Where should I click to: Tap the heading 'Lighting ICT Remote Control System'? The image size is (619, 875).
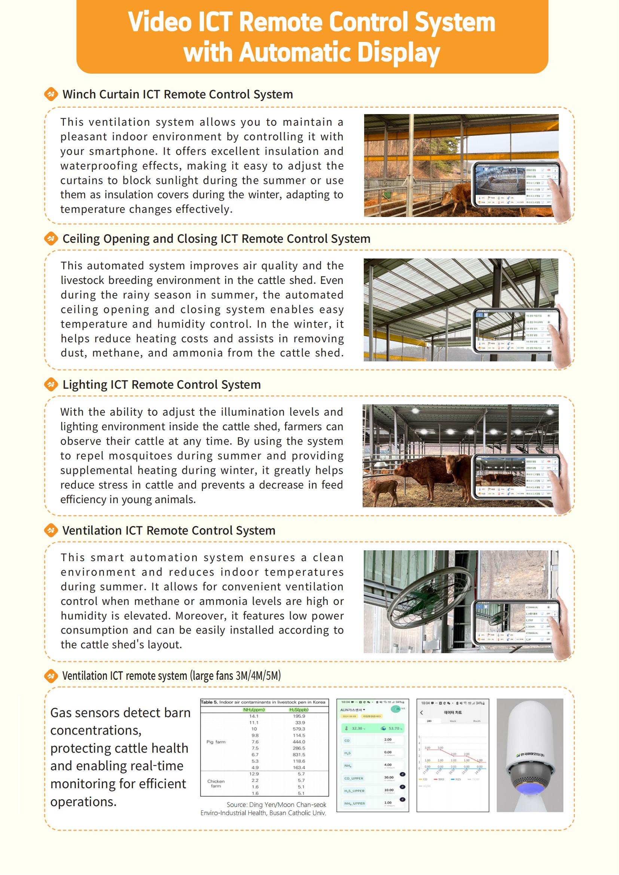[x=162, y=385]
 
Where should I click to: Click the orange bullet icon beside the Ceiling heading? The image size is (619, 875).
[x=51, y=239]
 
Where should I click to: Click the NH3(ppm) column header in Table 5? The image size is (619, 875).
[x=254, y=710]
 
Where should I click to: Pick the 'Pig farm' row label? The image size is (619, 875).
[x=216, y=741]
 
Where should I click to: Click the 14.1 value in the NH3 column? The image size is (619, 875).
[x=254, y=716]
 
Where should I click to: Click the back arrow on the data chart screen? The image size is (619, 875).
[x=421, y=712]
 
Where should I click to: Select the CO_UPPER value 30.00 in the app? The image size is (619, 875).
[x=388, y=777]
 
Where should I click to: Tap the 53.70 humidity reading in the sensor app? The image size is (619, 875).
[x=393, y=728]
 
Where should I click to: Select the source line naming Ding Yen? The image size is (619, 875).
[x=276, y=805]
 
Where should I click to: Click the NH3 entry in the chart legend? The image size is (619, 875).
[x=439, y=779]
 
